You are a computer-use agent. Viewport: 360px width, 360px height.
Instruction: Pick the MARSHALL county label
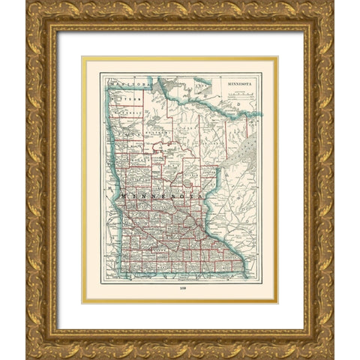(133, 112)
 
